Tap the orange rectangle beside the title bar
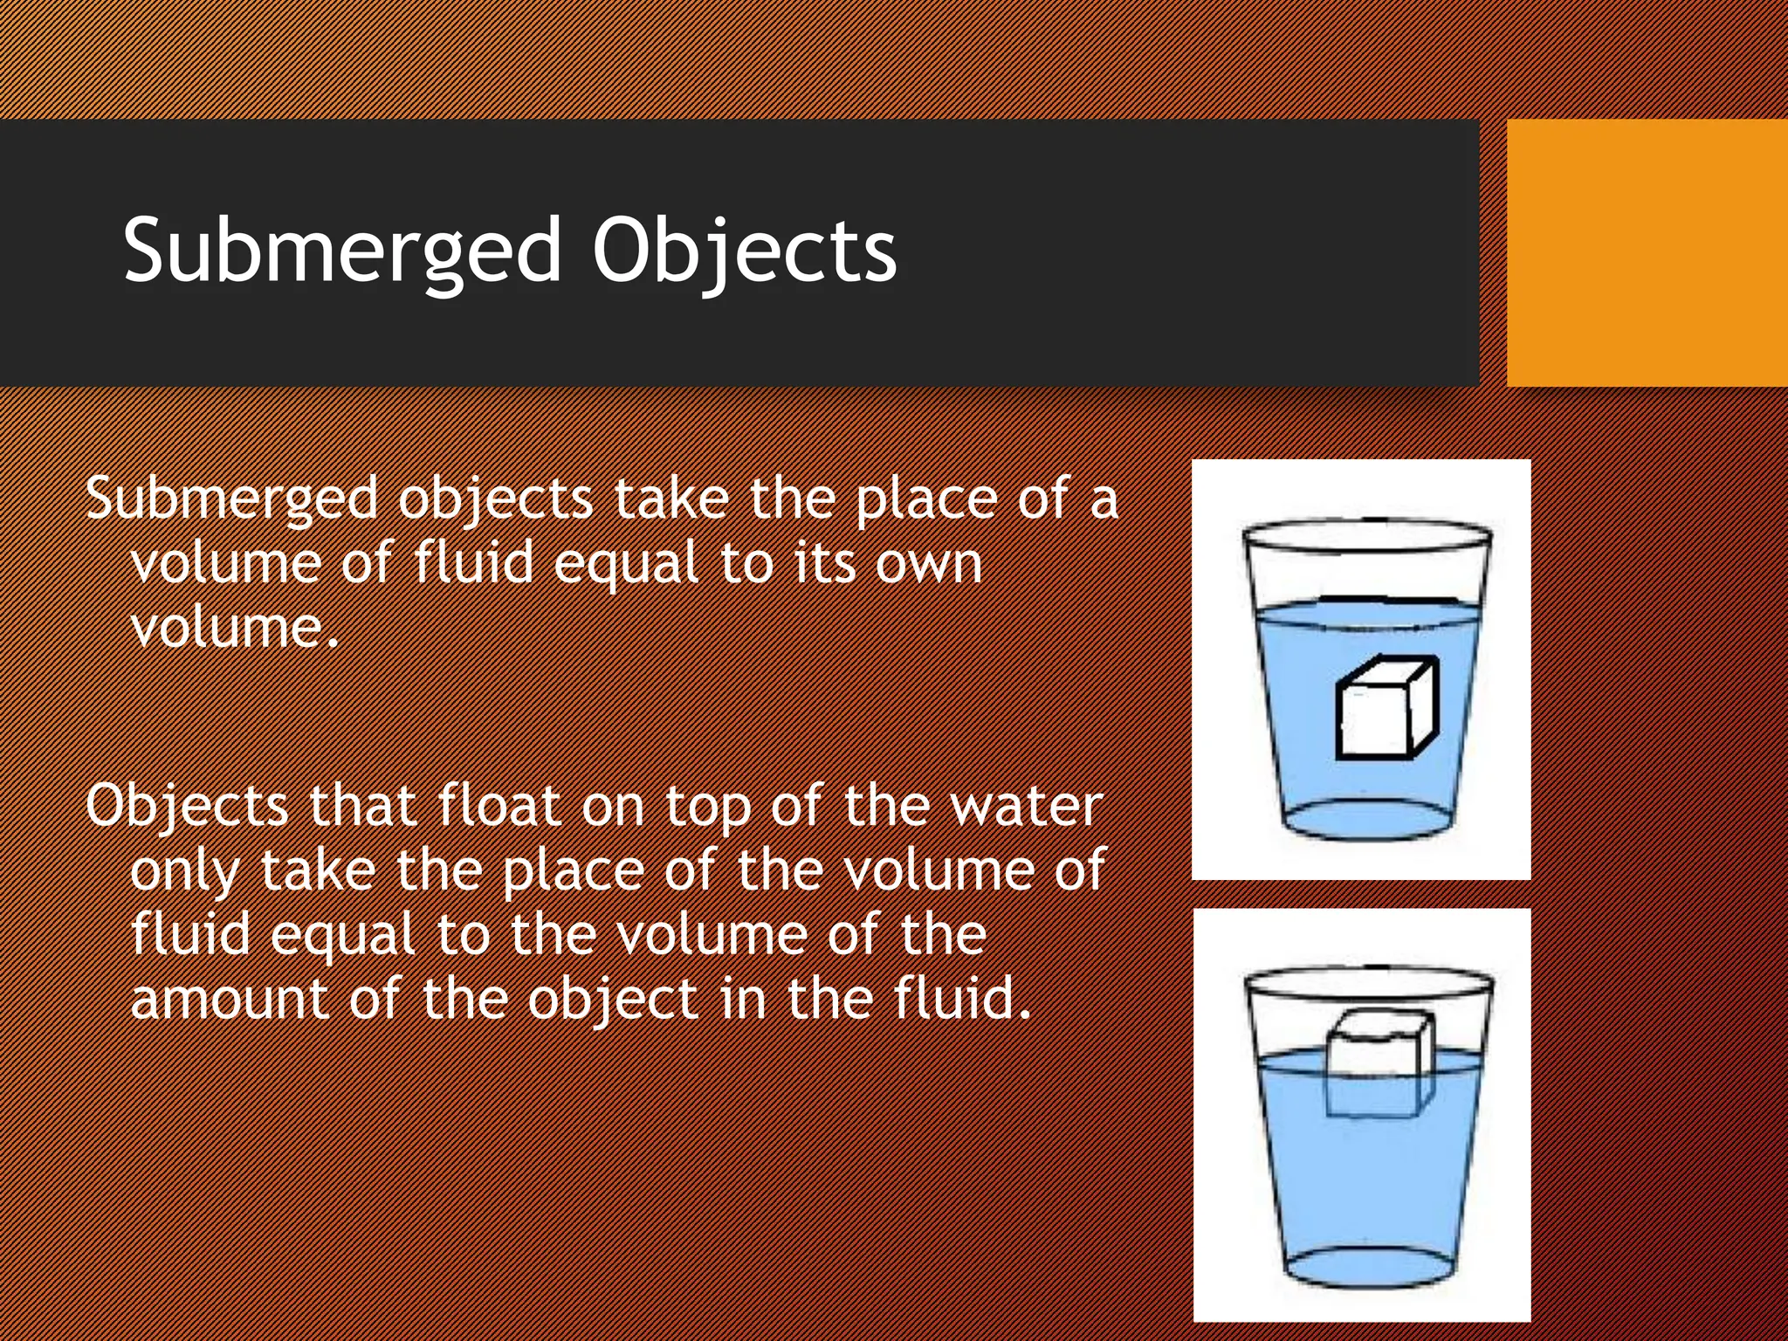pyautogui.click(x=1647, y=253)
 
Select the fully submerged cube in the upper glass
pyautogui.click(x=1386, y=709)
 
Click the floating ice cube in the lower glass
pyautogui.click(x=1379, y=1065)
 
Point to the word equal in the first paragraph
pyautogui.click(x=626, y=563)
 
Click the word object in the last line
pyautogui.click(x=612, y=1000)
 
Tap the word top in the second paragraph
pyautogui.click(x=707, y=806)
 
